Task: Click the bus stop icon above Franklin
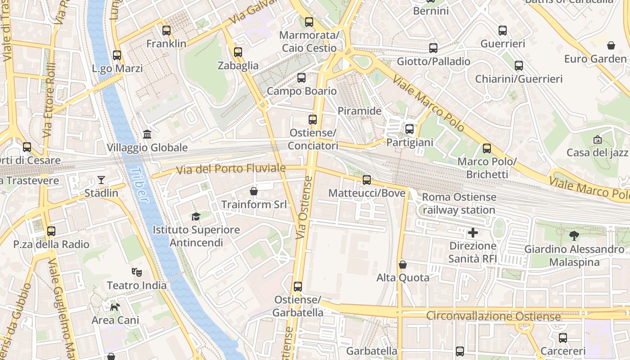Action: pos(166,31)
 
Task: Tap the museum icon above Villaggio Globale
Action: pos(147,134)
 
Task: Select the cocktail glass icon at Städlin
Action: pos(101,180)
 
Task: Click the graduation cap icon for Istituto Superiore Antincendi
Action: pos(196,217)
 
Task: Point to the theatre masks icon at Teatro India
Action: pos(136,272)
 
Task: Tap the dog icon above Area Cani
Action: pos(115,307)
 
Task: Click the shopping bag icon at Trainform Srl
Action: pos(254,191)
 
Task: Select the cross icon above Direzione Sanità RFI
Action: pos(472,233)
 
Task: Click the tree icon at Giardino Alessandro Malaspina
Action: pos(574,235)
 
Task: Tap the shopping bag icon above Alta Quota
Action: pos(403,265)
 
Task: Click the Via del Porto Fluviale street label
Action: pos(231,169)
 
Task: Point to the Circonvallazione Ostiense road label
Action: pos(493,316)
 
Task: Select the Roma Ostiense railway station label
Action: pos(459,203)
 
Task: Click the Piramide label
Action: pos(359,111)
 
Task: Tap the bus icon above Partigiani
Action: pos(409,129)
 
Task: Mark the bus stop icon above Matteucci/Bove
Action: pos(367,180)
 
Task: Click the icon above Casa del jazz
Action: pos(597,139)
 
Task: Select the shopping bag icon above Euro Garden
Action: pos(611,45)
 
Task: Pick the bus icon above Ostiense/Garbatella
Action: pos(297,286)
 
